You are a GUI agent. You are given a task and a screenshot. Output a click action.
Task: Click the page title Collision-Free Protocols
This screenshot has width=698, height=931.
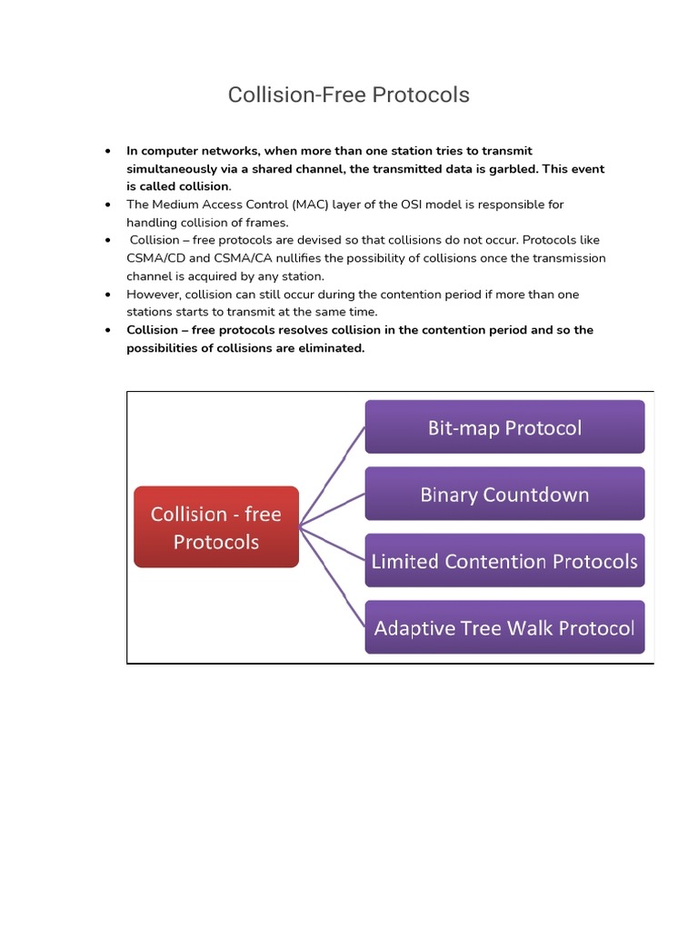348,95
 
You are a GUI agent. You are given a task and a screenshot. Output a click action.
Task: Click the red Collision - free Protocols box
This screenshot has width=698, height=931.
216,527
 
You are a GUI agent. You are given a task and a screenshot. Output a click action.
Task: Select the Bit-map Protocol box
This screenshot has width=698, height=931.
504,427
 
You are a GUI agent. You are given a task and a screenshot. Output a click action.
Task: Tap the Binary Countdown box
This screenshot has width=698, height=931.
504,495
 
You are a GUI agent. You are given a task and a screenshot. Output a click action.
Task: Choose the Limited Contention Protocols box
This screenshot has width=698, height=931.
504,561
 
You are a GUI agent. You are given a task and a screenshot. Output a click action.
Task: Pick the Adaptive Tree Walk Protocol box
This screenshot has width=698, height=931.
504,627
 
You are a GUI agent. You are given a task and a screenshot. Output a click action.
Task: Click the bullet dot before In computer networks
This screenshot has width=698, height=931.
108,151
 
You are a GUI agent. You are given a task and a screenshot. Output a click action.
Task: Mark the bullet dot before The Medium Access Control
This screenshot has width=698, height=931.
108,205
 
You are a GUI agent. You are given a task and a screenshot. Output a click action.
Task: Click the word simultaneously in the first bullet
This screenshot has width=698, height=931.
172,169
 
